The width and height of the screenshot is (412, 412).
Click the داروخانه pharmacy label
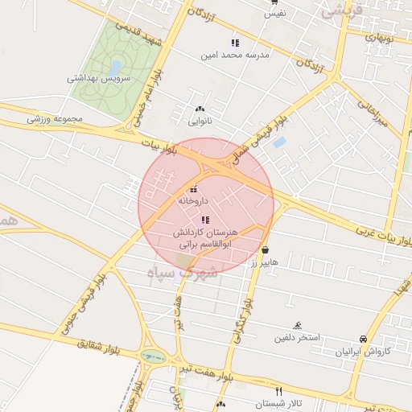click(193, 200)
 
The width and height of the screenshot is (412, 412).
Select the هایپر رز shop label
click(262, 262)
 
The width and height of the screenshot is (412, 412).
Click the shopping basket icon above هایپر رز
click(265, 250)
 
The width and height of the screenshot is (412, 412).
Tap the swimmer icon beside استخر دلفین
click(299, 326)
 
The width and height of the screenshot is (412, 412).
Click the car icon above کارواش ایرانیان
click(365, 339)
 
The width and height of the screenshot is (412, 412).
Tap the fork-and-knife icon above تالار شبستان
click(278, 390)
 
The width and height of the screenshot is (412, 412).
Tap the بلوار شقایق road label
click(101, 347)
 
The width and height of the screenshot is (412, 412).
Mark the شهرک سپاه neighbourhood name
click(183, 272)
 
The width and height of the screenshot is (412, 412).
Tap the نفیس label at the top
click(276, 14)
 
